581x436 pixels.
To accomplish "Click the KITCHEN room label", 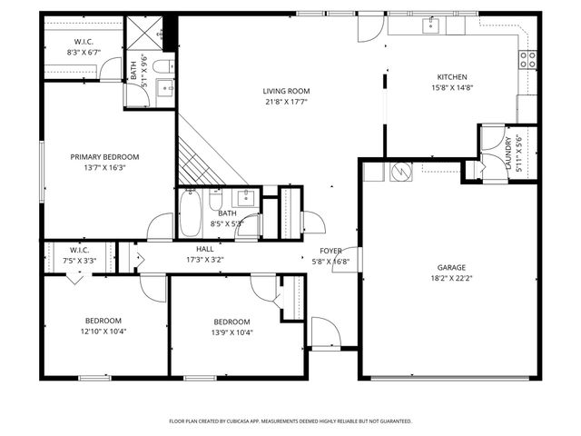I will pos(452,77).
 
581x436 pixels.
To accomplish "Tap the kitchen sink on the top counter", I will pos(430,26).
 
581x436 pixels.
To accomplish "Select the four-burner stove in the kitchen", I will pos(527,60).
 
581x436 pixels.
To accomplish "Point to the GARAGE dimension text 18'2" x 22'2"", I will pos(451,280).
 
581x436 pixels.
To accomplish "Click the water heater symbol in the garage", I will pos(401,170).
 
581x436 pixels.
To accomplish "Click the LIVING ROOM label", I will pos(287,91).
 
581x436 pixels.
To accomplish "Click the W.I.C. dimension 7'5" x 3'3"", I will pos(78,261).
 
